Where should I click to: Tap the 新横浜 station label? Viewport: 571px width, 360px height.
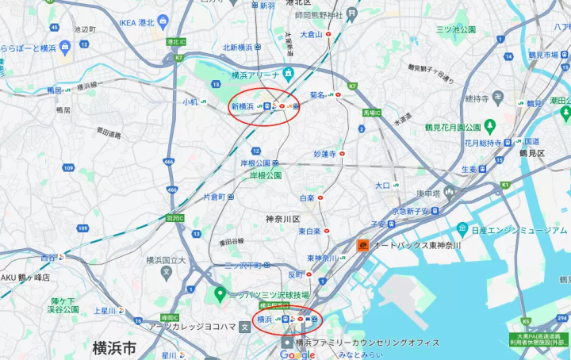coord(242,105)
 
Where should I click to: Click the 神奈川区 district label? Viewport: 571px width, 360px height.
coord(282,217)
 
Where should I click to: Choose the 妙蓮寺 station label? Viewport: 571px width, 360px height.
coord(325,153)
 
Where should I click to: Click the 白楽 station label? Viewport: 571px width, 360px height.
coord(307,197)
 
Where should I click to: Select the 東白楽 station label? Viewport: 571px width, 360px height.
coord(309,231)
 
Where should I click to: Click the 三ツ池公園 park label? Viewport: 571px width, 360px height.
coord(455,29)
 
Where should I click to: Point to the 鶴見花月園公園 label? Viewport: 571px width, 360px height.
coord(452,127)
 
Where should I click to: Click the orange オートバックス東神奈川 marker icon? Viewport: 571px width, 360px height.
coord(362,245)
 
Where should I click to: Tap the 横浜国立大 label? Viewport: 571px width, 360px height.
coord(165,259)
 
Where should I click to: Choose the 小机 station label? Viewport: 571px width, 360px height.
coord(190,101)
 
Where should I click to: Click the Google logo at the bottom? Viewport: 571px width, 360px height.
coord(297,354)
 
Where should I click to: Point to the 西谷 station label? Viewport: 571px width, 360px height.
coord(48,258)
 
